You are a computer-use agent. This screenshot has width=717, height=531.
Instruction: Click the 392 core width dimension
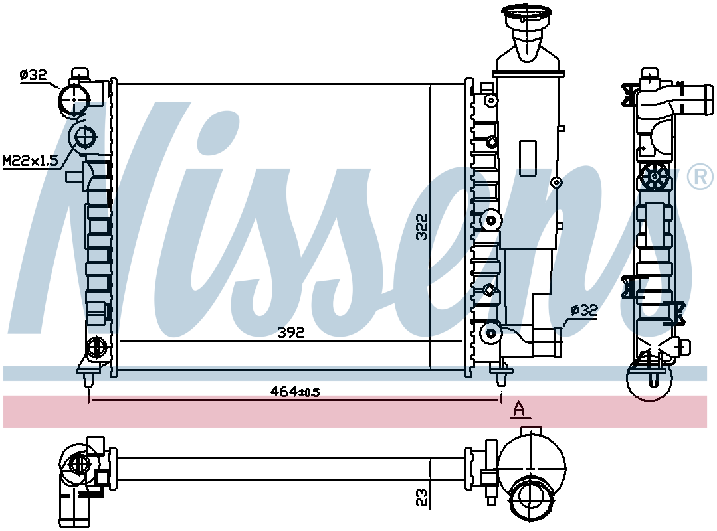coord(291,333)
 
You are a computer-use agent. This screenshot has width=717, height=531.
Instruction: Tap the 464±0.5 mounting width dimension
coord(295,392)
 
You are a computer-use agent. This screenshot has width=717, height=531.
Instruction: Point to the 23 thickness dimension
coord(422,498)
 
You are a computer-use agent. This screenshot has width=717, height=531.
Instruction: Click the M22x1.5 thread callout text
coord(31,160)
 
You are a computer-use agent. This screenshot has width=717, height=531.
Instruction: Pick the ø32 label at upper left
coord(33,75)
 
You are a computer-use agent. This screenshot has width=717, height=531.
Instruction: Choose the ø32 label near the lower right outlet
coord(584,311)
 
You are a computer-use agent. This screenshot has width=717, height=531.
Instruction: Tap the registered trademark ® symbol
coord(700,177)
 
